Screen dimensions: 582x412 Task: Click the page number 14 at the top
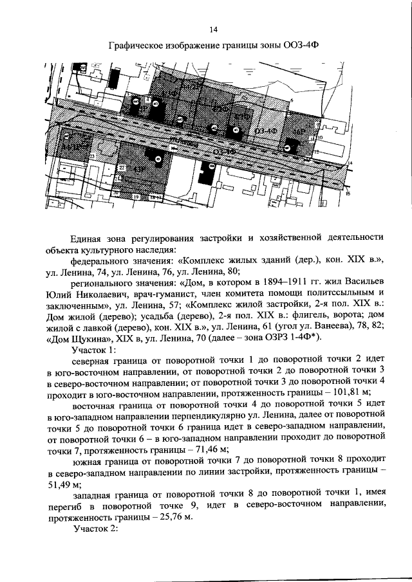click(x=214, y=29)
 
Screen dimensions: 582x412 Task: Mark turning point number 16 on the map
click(x=347, y=193)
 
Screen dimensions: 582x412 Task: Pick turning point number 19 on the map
click(x=135, y=196)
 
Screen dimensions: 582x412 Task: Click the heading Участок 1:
click(x=96, y=350)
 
